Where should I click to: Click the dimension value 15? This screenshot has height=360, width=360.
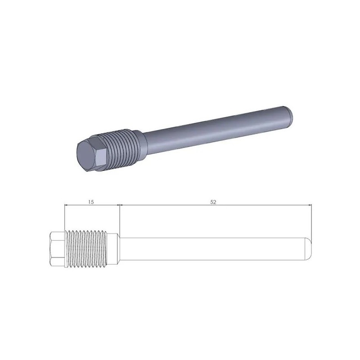(x=91, y=202)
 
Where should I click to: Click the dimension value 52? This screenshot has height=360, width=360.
(x=213, y=202)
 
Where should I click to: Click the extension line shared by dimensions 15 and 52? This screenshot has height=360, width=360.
(x=119, y=218)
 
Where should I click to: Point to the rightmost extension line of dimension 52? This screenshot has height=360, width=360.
(x=312, y=220)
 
